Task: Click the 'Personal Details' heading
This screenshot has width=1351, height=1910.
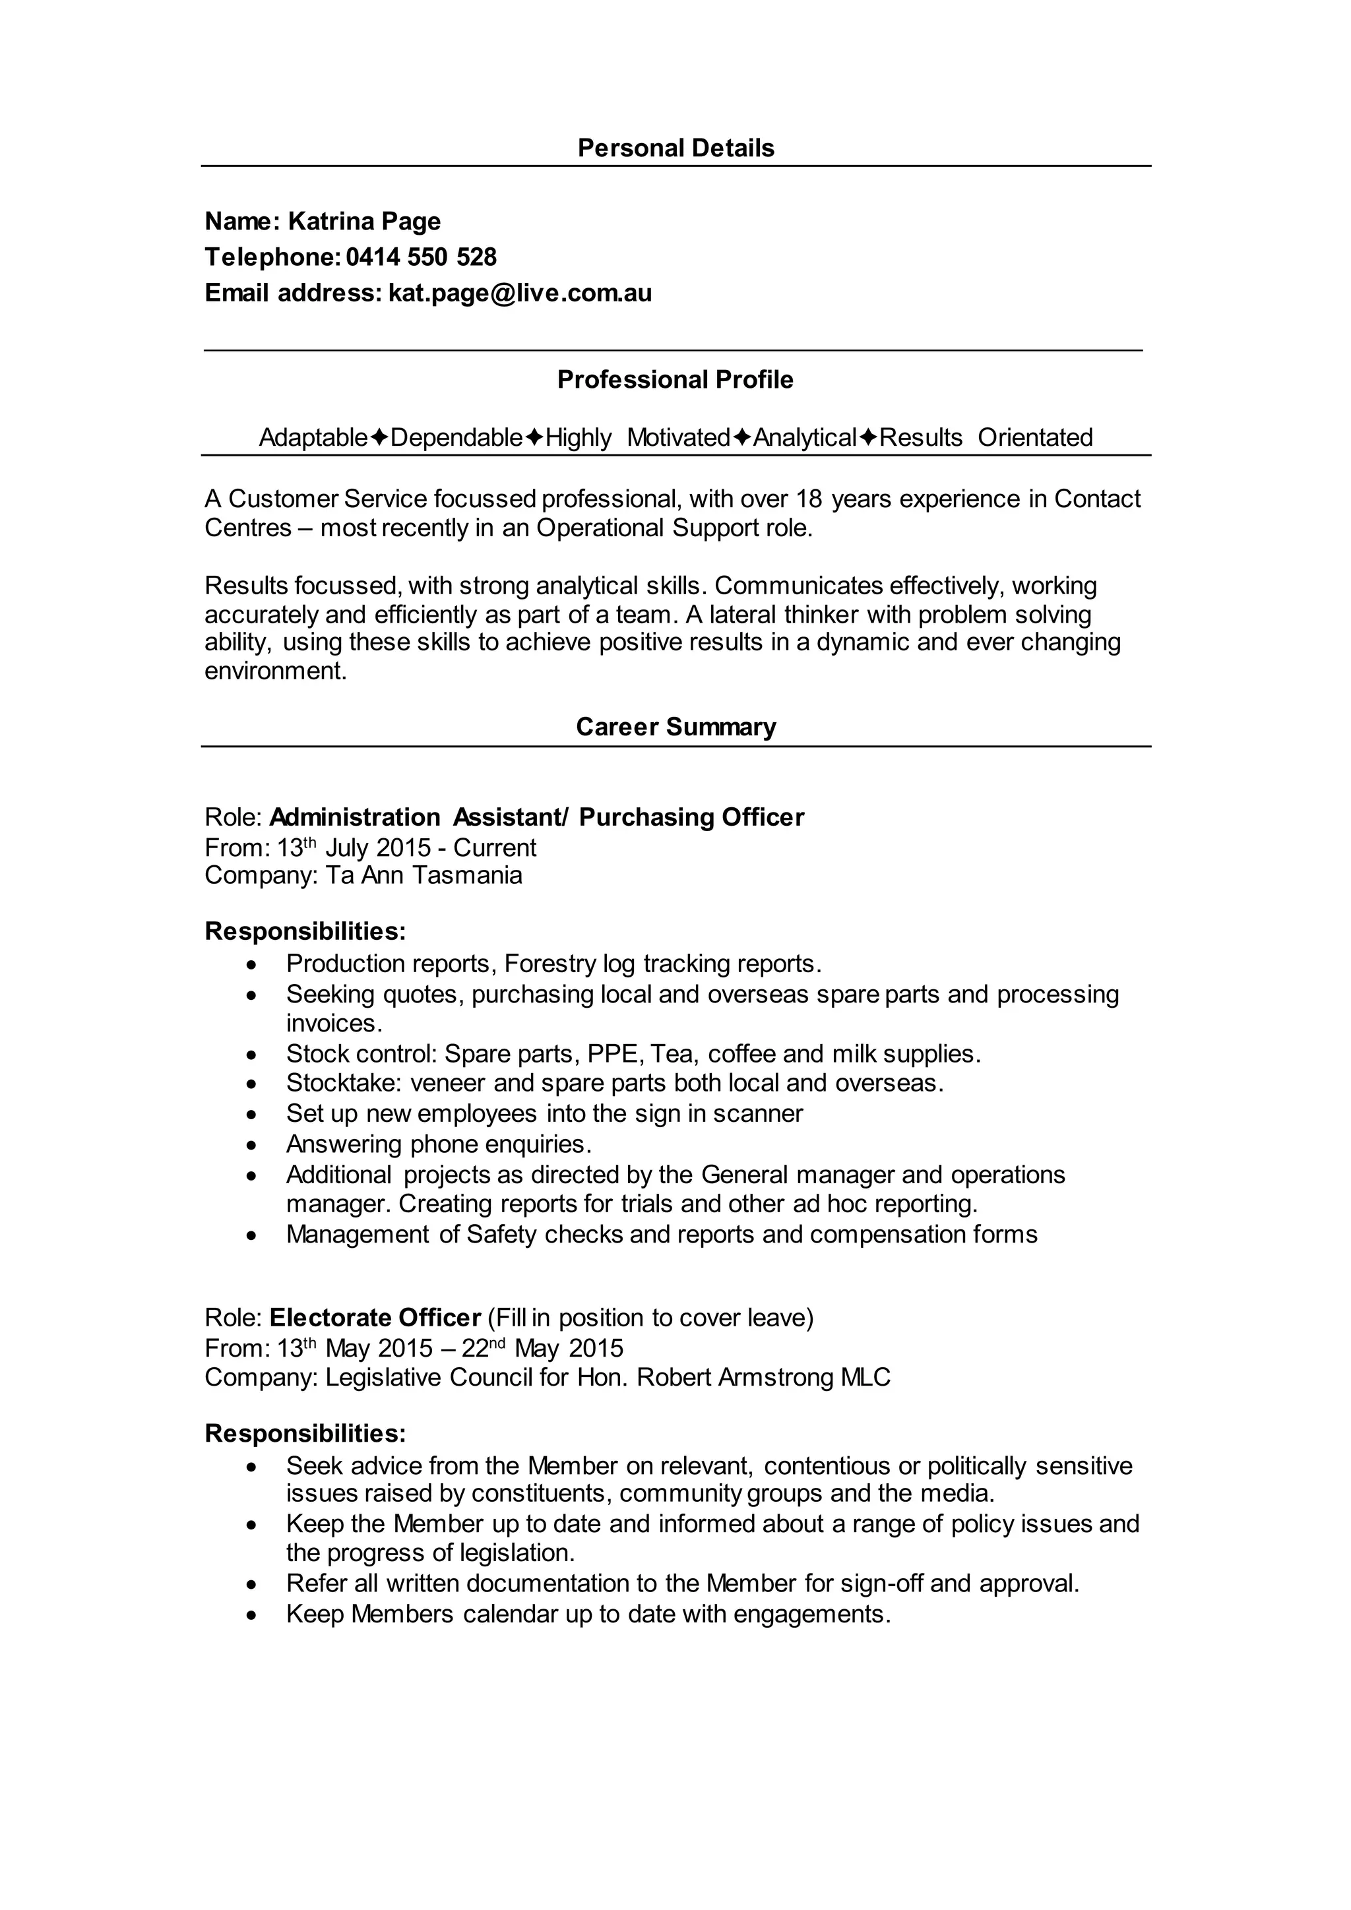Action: click(x=675, y=148)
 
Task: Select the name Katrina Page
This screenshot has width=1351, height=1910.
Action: click(x=363, y=222)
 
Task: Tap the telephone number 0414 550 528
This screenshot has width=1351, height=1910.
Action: click(x=421, y=257)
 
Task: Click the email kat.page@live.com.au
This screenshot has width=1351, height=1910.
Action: click(x=520, y=293)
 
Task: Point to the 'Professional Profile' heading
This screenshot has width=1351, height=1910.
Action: click(x=675, y=379)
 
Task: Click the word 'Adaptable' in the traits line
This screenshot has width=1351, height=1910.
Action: click(x=313, y=437)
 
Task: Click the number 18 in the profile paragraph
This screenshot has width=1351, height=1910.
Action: click(x=809, y=499)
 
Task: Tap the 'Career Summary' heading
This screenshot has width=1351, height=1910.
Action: click(x=675, y=727)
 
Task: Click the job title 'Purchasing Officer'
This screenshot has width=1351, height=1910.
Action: click(x=691, y=818)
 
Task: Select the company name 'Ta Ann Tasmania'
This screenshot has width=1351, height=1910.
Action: click(x=424, y=875)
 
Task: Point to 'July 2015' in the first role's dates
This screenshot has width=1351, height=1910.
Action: click(x=378, y=847)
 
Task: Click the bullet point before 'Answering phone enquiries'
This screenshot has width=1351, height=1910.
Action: click(x=253, y=1146)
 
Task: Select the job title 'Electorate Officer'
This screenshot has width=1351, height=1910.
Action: click(x=375, y=1318)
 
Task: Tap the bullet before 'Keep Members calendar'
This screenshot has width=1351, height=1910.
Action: click(x=253, y=1615)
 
